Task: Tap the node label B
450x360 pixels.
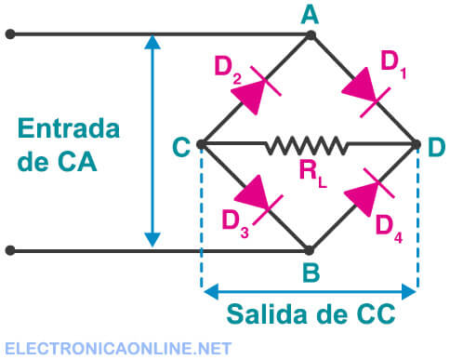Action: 311,274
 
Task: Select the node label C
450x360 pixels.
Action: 182,145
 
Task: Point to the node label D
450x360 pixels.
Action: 436,146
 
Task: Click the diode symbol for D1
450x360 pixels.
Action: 363,90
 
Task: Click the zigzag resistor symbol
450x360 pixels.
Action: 308,145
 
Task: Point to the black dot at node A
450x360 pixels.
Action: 311,35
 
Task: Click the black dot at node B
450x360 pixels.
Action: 311,250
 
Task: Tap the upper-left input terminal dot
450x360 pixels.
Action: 9,35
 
